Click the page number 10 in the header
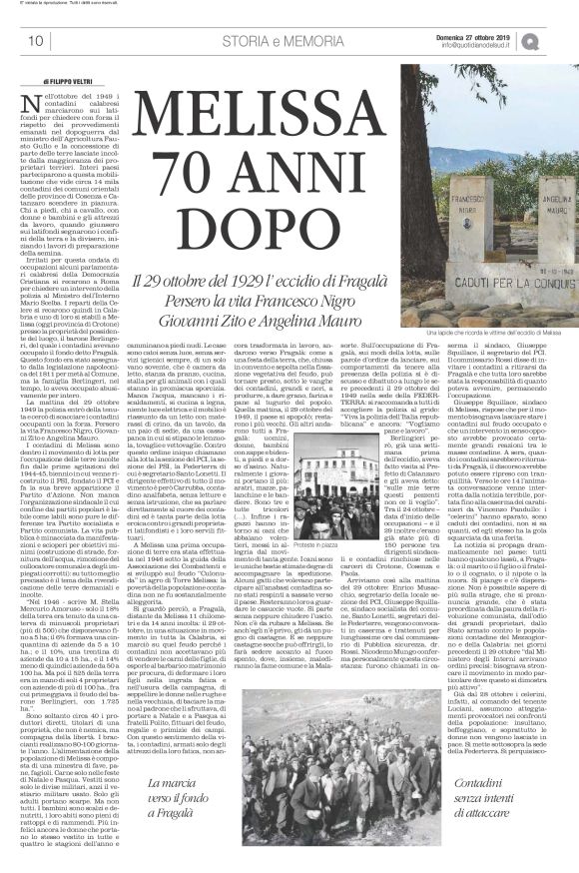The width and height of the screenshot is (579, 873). (x=36, y=41)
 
